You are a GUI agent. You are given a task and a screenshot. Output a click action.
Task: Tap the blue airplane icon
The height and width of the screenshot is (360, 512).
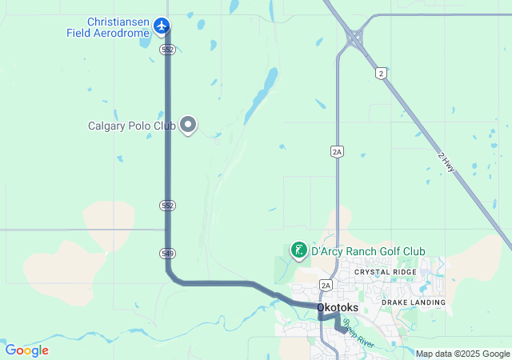click(x=162, y=26)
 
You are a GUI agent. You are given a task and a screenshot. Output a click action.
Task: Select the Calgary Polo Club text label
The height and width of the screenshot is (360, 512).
click(x=131, y=126)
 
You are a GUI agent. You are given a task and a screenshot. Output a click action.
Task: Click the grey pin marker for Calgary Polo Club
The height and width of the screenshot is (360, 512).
click(x=188, y=124)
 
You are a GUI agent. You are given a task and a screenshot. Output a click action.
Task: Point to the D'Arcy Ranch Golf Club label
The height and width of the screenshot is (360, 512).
click(x=368, y=251)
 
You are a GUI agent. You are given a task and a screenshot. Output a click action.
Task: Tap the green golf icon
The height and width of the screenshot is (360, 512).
click(x=298, y=251)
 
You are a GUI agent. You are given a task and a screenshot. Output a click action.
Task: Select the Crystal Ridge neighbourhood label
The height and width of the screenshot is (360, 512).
click(x=386, y=272)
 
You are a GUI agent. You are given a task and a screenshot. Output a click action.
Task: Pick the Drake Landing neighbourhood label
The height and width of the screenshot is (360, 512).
click(x=413, y=302)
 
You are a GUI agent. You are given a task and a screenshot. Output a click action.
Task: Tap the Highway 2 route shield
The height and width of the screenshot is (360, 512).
click(x=382, y=74)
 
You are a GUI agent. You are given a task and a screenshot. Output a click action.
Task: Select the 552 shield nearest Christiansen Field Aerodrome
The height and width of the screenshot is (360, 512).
click(x=166, y=50)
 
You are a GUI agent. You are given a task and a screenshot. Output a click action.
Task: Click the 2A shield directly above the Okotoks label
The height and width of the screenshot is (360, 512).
click(x=326, y=285)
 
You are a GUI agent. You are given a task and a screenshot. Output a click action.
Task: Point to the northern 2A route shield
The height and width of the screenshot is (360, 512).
click(x=337, y=150)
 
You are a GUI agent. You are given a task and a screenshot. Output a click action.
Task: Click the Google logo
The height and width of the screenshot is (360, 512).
click(x=26, y=350)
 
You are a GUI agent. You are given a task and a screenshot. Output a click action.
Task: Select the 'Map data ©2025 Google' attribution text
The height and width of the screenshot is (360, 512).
click(x=462, y=354)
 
